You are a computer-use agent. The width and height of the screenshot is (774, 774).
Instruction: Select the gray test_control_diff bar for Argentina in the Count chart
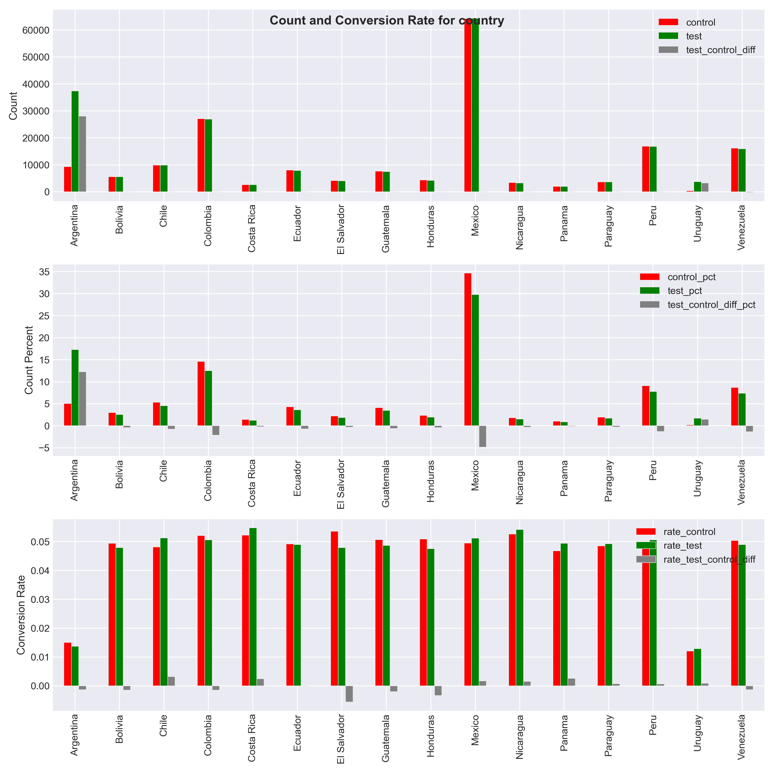(82, 154)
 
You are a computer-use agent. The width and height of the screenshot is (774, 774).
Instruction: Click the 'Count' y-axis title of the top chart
(13, 106)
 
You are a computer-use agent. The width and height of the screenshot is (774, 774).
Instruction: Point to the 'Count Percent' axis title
(29, 360)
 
